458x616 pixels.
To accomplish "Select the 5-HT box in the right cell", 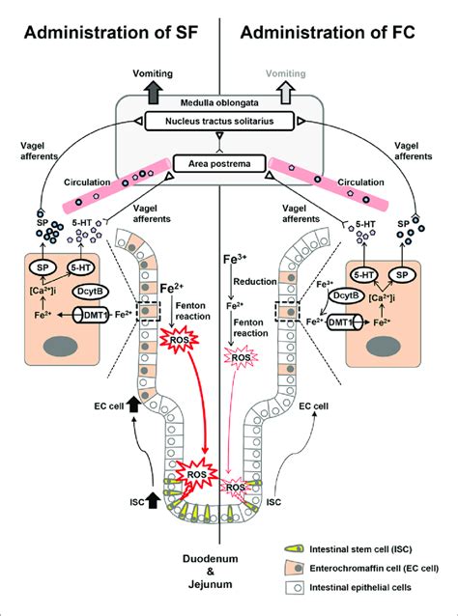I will click(364, 273).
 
